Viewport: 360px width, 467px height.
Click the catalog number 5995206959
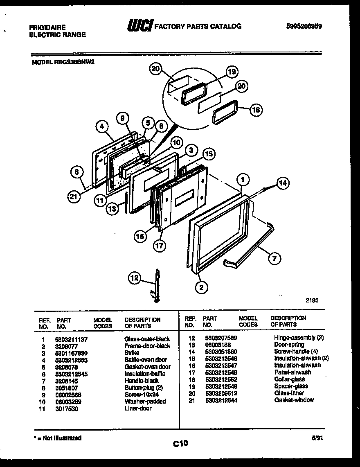click(x=304, y=26)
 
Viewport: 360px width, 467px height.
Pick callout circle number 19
click(x=232, y=72)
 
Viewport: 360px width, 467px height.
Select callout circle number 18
click(x=256, y=110)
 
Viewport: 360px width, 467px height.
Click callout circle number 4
click(x=103, y=127)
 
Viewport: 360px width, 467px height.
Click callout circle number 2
click(x=201, y=287)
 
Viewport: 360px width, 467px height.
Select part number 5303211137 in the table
click(x=71, y=339)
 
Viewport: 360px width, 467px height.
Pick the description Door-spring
click(x=289, y=345)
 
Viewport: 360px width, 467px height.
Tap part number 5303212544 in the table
click(x=221, y=400)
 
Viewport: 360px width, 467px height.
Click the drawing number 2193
click(x=312, y=300)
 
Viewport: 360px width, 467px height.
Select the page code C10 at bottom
click(x=180, y=443)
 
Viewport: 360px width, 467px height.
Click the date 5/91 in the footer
click(x=317, y=438)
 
